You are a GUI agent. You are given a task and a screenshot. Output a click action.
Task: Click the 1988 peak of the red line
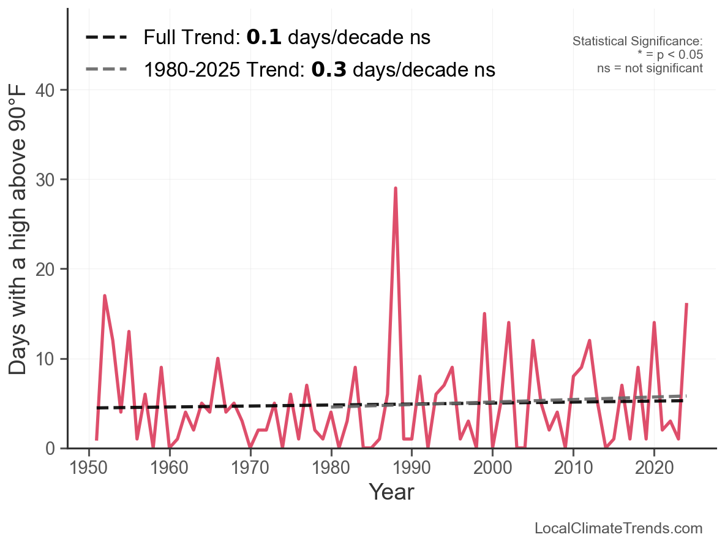coord(396,188)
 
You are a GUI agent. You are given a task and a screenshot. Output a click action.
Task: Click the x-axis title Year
coord(391,492)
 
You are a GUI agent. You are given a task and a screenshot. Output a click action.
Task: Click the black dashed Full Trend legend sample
coord(107,38)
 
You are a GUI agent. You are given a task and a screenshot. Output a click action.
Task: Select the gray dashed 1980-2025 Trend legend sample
coord(107,69)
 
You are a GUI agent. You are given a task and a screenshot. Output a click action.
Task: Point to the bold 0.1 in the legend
coord(264,38)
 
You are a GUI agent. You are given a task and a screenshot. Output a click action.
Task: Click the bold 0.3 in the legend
coord(329,69)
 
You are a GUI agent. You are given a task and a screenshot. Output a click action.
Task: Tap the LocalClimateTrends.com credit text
coord(618,528)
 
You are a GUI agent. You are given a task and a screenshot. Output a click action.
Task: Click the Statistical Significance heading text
coord(637,42)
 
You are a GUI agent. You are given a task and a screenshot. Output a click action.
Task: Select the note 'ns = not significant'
coord(650,68)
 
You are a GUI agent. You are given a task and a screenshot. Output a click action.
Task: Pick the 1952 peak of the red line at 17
coord(105,296)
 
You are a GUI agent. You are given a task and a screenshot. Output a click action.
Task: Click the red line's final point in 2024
coord(686,304)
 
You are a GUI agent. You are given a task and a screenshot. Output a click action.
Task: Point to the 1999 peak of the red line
coord(484,314)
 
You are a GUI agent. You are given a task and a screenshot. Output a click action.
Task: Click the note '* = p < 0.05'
coord(670,55)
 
